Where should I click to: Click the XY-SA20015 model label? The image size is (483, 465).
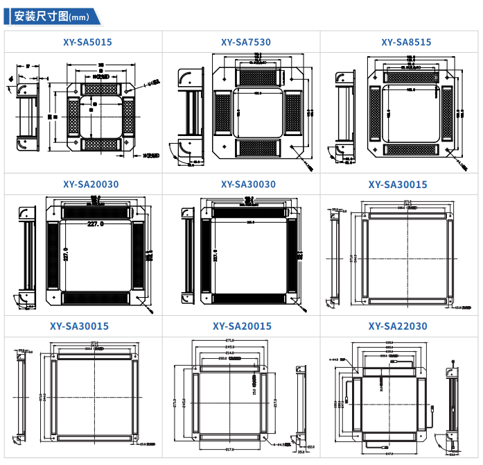242,326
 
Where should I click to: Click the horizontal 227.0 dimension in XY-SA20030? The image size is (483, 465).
96,224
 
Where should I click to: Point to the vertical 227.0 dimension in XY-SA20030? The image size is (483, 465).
65,255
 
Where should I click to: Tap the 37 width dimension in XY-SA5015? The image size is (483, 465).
27,67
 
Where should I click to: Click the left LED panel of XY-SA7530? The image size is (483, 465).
223,114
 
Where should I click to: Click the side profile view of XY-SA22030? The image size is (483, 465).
452,403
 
